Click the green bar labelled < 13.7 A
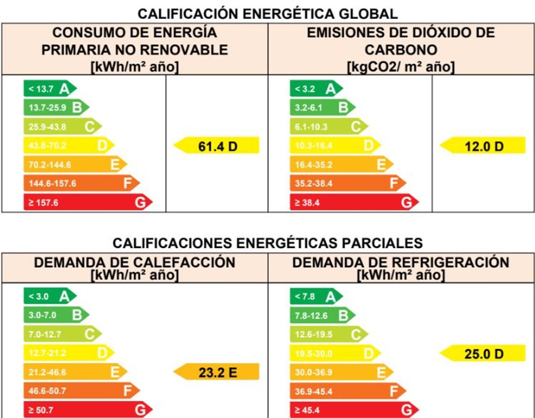click(x=49, y=88)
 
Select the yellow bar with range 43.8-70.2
click(x=68, y=145)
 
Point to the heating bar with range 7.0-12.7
click(x=61, y=334)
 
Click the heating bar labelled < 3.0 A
click(x=49, y=296)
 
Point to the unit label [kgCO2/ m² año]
click(x=401, y=67)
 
